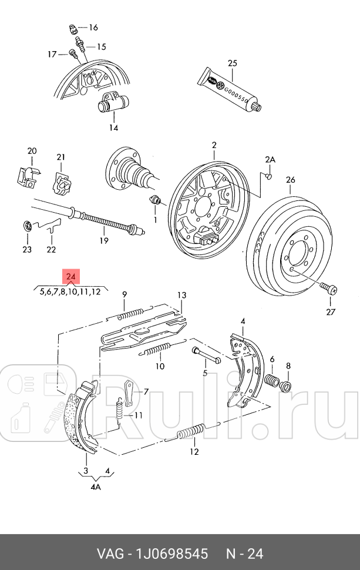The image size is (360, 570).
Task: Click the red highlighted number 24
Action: click(x=72, y=277)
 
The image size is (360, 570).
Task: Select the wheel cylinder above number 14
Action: click(x=112, y=105)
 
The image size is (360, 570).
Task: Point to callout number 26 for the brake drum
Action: click(x=290, y=180)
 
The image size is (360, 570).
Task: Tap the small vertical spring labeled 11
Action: click(x=119, y=408)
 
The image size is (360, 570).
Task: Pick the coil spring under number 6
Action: click(x=272, y=381)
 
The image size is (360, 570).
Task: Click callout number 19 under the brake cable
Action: click(x=103, y=240)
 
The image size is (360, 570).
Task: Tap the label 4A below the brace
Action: click(x=95, y=486)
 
